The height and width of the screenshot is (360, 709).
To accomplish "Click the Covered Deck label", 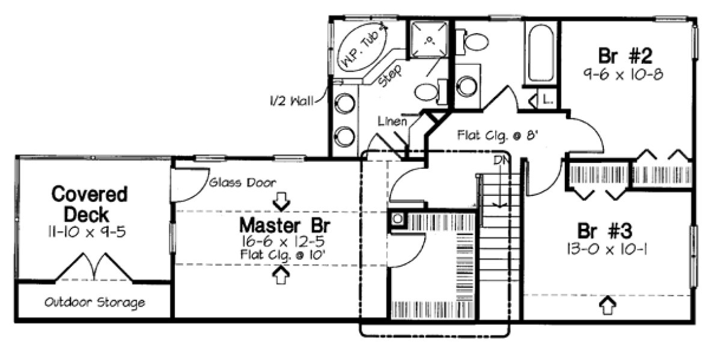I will [x=89, y=204].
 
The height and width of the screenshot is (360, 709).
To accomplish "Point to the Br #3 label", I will [x=604, y=231].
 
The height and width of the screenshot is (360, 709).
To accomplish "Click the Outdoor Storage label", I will [x=94, y=302].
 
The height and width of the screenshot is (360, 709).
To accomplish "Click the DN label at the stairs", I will [x=499, y=161].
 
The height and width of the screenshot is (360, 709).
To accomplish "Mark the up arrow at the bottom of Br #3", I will [x=609, y=305].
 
